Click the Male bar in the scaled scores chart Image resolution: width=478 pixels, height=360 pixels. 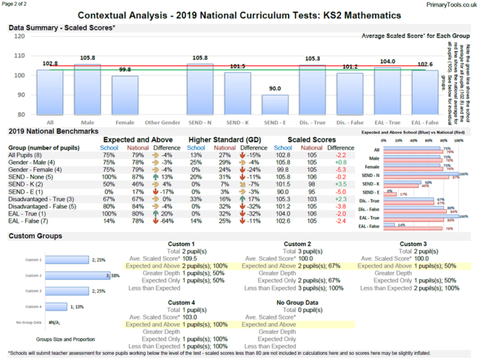tap(87, 90)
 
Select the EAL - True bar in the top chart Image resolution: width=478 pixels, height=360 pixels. tap(387, 91)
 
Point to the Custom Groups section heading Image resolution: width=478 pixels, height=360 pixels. tap(35, 236)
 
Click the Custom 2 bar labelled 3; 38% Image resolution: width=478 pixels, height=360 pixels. tap(70, 275)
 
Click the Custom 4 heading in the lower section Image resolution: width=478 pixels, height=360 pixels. tap(181, 302)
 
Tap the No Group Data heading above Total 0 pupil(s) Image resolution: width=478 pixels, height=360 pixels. tap(298, 302)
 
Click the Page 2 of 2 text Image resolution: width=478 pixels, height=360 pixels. tap(18, 4)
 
